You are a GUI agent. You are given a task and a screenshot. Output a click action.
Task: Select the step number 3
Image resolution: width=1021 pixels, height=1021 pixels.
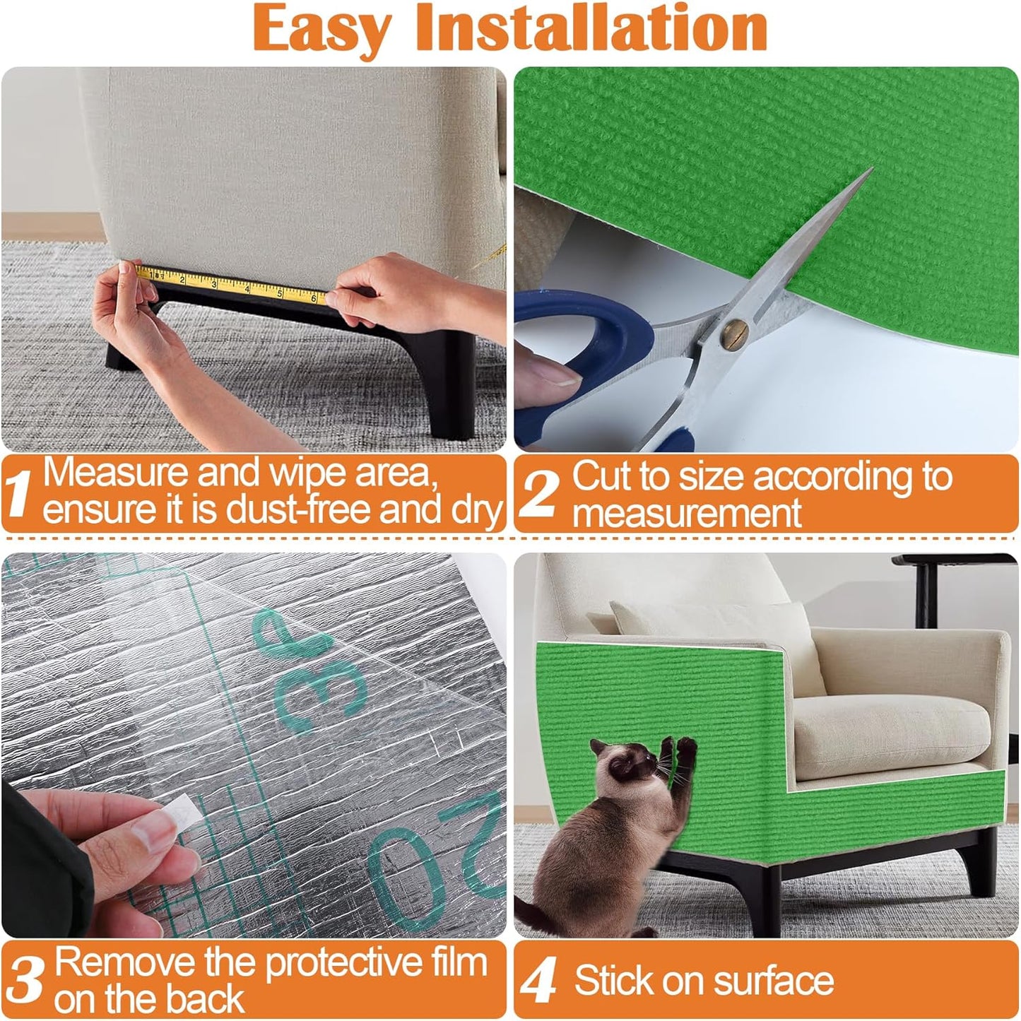[x=28, y=981]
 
